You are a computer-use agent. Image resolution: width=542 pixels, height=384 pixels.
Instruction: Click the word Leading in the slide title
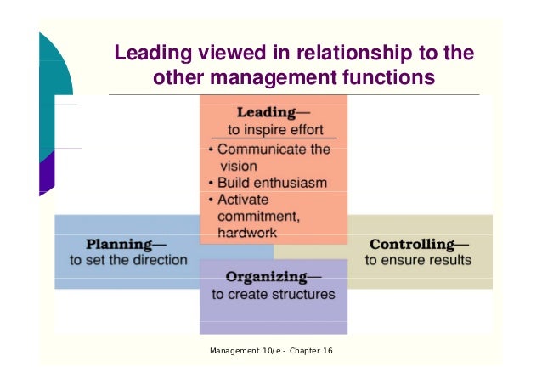[152, 55]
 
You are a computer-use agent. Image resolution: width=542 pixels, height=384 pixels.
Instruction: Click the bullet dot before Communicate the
[211, 150]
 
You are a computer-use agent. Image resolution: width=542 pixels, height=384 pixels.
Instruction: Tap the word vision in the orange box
[237, 166]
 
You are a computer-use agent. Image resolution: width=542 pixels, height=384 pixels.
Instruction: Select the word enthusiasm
[291, 182]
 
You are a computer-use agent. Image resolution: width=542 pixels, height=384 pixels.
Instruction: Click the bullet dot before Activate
[211, 199]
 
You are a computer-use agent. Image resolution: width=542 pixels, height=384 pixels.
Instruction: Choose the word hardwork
[247, 231]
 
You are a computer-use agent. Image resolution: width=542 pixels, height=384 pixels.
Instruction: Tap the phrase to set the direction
[128, 259]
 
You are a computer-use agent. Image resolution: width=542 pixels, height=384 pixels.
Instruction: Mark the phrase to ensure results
[417, 259]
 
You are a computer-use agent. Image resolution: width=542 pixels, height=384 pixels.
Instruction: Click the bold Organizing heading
[267, 277]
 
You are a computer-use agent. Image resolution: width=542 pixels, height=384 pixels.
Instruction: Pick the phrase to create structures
[273, 295]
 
